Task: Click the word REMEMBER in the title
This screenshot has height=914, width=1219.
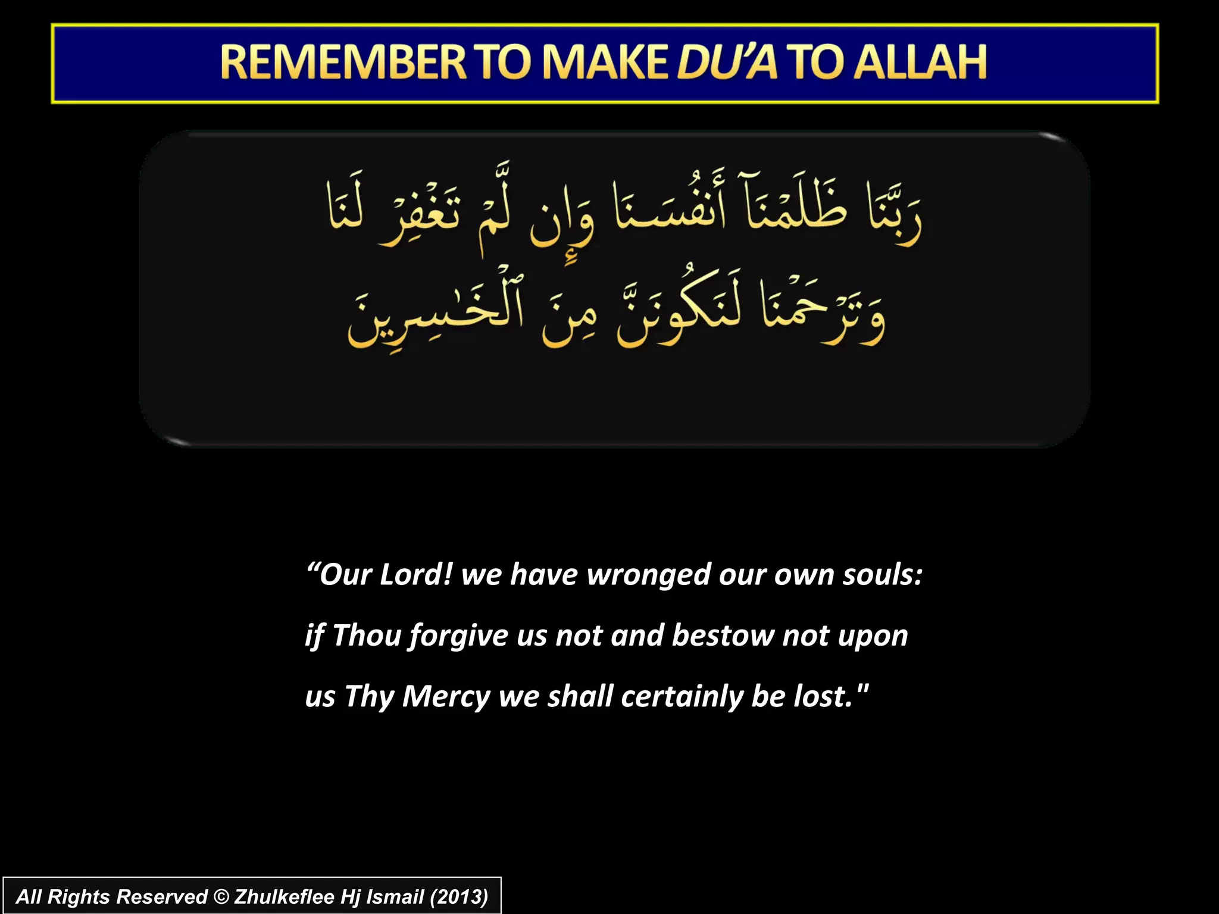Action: (343, 62)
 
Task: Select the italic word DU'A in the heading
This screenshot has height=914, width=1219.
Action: (727, 62)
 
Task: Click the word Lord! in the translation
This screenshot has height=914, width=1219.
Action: (416, 575)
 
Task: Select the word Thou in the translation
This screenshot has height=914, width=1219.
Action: (367, 636)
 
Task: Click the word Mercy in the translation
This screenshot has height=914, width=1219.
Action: (446, 697)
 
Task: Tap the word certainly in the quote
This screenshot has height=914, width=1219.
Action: (681, 696)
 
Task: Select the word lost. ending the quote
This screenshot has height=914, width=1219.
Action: (823, 696)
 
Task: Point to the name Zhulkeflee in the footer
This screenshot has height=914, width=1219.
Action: (284, 897)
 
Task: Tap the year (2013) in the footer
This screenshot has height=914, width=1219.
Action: (458, 897)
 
